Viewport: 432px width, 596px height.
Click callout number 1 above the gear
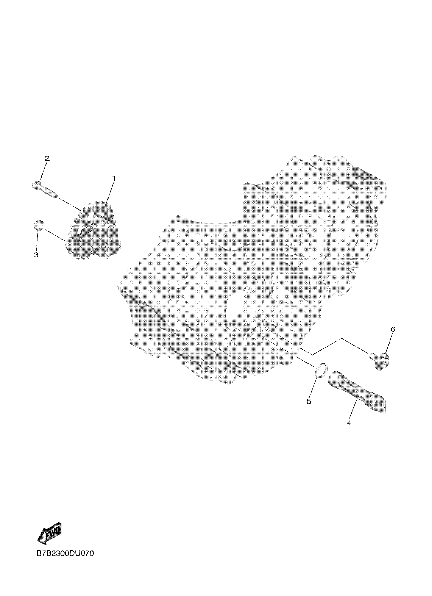[x=114, y=178]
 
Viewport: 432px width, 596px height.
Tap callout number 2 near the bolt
[x=47, y=158]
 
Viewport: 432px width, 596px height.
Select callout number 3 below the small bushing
[x=36, y=255]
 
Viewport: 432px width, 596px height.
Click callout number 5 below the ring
[x=309, y=401]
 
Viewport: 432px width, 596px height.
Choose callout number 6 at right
[x=393, y=329]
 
